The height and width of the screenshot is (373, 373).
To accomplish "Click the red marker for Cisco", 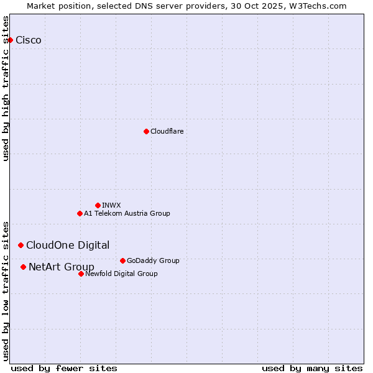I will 10,40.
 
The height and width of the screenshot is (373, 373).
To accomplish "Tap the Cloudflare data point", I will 146,131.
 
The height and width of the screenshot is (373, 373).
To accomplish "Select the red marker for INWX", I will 98,205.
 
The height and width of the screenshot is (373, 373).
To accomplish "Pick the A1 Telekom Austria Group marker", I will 80,213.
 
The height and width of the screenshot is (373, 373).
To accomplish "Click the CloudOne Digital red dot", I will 21,245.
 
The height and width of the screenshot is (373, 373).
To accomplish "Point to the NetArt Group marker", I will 23,267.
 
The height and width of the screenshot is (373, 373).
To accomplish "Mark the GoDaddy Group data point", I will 122,260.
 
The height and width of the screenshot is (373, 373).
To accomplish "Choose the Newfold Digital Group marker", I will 81,274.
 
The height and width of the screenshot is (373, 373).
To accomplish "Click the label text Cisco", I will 29,40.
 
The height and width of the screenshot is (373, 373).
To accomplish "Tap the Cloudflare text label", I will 167,131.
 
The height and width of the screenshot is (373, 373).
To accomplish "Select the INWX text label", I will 111,205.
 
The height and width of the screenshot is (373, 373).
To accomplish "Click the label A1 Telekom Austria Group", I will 127,213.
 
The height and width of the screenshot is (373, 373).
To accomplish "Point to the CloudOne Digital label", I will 68,245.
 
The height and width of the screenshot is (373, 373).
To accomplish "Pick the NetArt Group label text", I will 62,267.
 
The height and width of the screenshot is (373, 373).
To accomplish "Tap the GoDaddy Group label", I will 153,260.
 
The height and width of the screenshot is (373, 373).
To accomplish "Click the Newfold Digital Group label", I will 121,274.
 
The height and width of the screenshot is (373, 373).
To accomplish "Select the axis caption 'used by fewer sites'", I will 64,368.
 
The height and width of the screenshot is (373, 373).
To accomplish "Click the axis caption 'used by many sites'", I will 311,368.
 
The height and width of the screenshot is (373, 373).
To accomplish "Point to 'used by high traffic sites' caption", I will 6,88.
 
